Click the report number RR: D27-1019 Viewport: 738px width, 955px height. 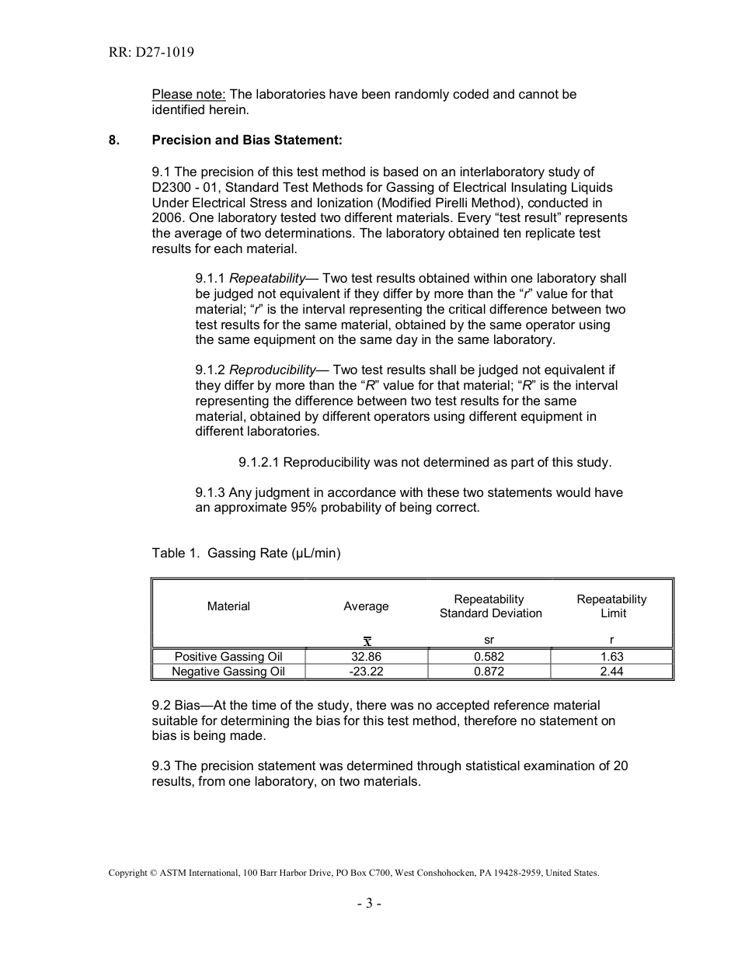[x=151, y=53]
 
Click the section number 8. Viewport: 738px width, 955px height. [x=113, y=141]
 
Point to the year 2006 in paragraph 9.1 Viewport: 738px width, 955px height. [x=166, y=217]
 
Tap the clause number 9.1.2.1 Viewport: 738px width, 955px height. [x=259, y=462]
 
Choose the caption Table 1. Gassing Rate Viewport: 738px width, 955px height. [x=245, y=553]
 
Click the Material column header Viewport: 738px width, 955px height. [x=228, y=606]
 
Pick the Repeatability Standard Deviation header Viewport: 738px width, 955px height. [x=489, y=606]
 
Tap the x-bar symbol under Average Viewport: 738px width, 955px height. [x=367, y=641]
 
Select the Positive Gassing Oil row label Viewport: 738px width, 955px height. [x=228, y=657]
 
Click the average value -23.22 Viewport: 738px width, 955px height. [x=366, y=672]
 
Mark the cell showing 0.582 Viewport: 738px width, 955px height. [x=489, y=657]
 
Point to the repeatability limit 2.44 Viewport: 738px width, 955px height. [x=611, y=672]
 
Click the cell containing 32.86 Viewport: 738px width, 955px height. [x=366, y=657]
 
